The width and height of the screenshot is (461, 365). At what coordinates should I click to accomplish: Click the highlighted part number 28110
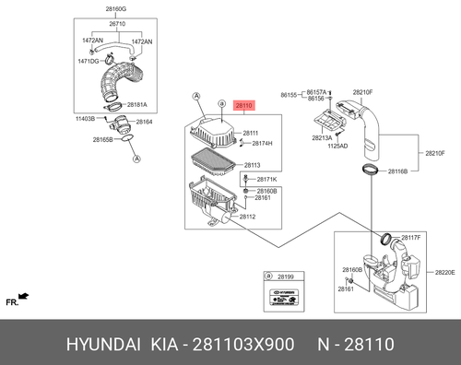click(x=243, y=106)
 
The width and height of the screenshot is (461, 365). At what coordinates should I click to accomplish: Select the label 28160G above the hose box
click(x=116, y=9)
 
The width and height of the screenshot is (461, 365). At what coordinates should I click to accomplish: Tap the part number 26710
click(x=117, y=24)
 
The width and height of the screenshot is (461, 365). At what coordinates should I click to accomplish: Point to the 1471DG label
click(x=89, y=62)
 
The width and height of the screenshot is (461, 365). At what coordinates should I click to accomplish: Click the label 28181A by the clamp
click(x=137, y=105)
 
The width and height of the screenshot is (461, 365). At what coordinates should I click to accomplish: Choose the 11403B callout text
click(x=85, y=119)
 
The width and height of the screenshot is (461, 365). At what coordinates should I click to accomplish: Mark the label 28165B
click(x=102, y=140)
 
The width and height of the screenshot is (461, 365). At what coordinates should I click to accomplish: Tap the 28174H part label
click(x=262, y=144)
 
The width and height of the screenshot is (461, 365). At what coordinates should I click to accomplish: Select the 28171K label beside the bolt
click(x=266, y=180)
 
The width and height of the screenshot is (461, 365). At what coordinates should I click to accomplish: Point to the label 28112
click(x=247, y=217)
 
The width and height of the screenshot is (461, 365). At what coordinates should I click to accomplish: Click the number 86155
click(x=289, y=95)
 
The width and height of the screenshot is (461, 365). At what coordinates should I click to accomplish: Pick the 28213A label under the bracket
click(x=322, y=138)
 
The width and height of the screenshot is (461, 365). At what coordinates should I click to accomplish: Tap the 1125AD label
click(x=337, y=147)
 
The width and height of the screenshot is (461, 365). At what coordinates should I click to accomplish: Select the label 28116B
click(x=397, y=171)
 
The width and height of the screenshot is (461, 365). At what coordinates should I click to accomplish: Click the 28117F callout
click(x=411, y=238)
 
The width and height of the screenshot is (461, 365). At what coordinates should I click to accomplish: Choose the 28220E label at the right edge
click(x=444, y=273)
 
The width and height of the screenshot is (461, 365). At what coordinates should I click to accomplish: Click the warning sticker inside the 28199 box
click(x=284, y=297)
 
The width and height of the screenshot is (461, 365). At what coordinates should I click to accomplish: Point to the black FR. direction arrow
click(x=23, y=296)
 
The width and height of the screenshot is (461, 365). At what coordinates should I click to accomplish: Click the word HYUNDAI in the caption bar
click(x=103, y=345)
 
